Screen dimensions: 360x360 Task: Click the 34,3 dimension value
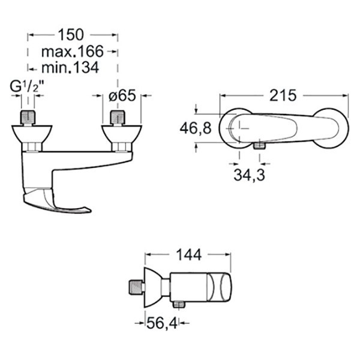[250, 175]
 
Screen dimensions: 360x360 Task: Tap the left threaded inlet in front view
[29, 116]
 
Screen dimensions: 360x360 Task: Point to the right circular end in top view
[334, 128]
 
